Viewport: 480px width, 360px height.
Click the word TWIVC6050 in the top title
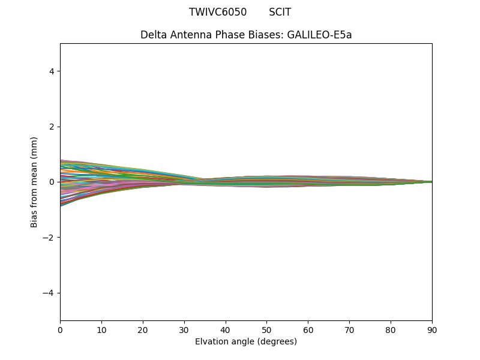pos(218,12)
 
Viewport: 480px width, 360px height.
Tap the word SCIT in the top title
pos(280,12)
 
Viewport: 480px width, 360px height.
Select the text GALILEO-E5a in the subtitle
pos(319,35)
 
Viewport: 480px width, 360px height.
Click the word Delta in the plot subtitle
pos(153,35)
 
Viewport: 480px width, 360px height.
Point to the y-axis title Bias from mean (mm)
pos(34,182)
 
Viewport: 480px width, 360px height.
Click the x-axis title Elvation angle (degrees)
pos(246,341)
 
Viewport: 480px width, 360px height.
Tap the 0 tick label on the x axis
pos(60,329)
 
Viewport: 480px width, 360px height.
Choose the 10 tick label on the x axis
pos(101,329)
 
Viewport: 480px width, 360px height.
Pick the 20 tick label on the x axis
pos(143,329)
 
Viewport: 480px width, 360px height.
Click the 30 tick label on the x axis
pos(184,329)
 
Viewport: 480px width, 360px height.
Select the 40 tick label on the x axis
pos(226,329)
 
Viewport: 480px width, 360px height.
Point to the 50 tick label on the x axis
pos(266,329)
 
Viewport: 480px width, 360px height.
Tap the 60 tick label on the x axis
pos(308,329)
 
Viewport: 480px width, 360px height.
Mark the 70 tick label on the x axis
pos(349,329)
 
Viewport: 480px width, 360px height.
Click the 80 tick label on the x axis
pos(391,329)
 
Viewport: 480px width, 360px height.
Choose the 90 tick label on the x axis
pos(432,329)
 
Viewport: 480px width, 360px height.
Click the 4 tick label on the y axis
pos(52,71)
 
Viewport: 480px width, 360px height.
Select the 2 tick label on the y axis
pos(52,127)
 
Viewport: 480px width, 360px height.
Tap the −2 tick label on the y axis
pos(49,238)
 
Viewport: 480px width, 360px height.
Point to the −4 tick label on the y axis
pos(49,293)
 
